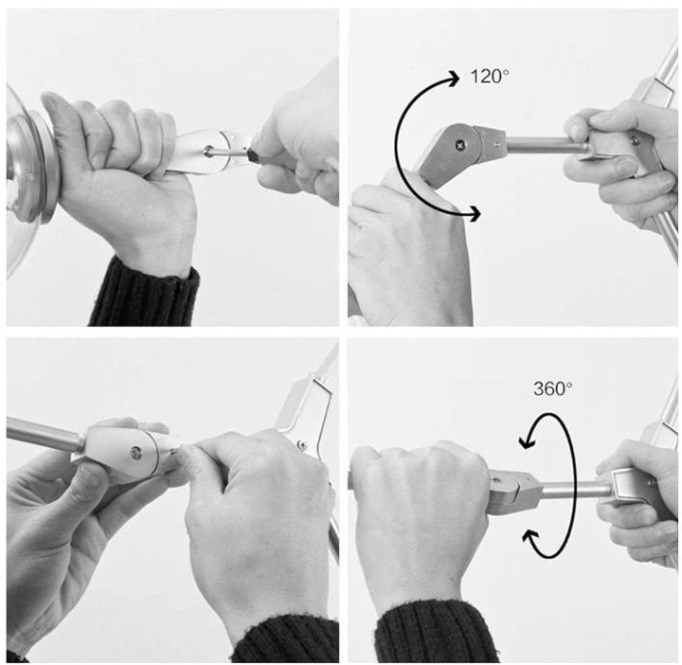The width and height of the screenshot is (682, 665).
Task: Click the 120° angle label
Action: click(x=489, y=76)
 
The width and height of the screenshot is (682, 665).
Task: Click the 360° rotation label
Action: click(x=552, y=388)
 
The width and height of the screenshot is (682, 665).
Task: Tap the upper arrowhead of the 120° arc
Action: click(x=453, y=78)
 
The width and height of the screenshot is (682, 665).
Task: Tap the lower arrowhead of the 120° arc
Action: click(x=474, y=214)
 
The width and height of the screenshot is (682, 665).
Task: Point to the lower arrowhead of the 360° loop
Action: click(x=530, y=537)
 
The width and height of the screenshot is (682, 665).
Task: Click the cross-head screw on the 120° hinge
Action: click(x=460, y=145)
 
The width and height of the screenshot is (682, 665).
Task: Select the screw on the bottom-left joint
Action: click(x=136, y=453)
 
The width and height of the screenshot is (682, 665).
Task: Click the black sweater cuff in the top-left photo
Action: click(x=144, y=294)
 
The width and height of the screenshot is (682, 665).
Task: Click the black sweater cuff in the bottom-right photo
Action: click(x=435, y=632)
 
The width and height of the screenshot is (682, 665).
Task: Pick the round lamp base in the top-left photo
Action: click(x=32, y=173)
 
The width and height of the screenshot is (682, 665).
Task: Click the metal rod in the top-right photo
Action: click(x=547, y=145)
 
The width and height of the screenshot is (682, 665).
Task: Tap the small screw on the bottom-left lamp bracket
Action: click(x=301, y=444)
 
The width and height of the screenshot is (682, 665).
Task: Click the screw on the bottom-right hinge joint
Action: click(x=495, y=481)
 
